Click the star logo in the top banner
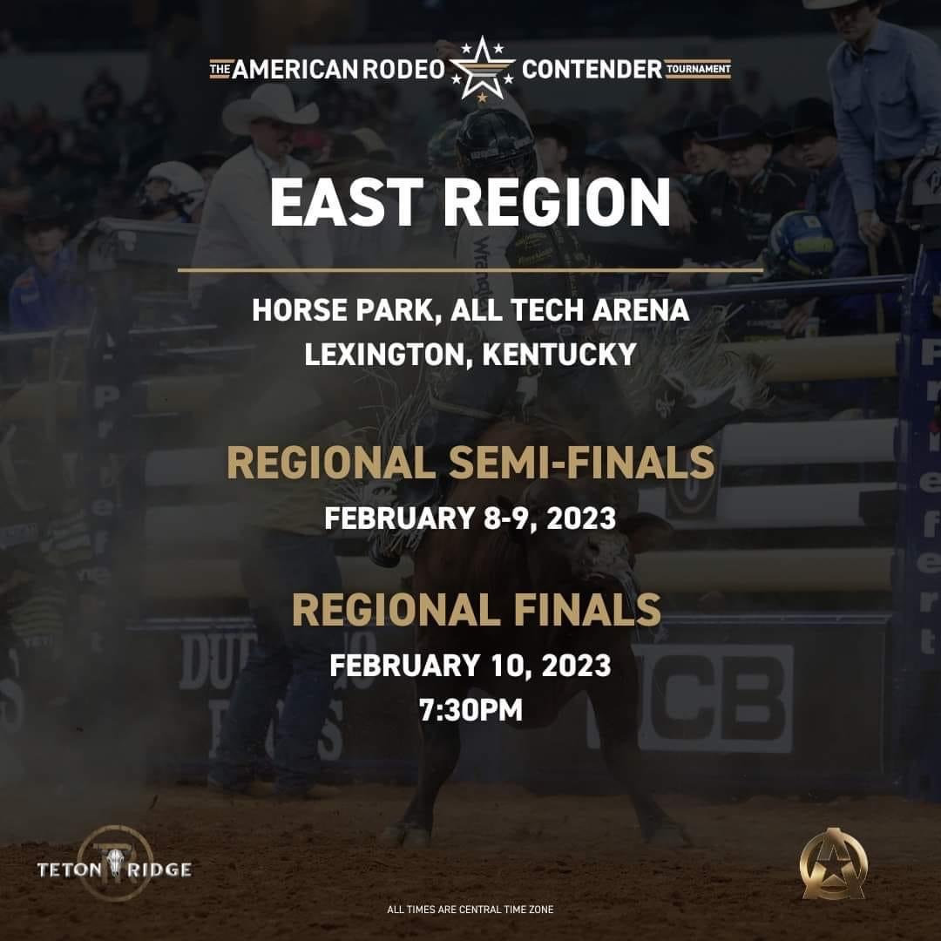pos(482,69)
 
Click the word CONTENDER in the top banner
pos(592,70)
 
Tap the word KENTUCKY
pos(561,355)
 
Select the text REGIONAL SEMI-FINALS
pos(470,463)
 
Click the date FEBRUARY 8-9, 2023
pos(470,518)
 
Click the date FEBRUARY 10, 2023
pos(470,667)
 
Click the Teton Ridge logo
pos(114,867)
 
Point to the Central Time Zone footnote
pos(470,910)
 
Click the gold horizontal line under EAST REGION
pos(470,270)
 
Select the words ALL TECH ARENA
pos(571,311)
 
